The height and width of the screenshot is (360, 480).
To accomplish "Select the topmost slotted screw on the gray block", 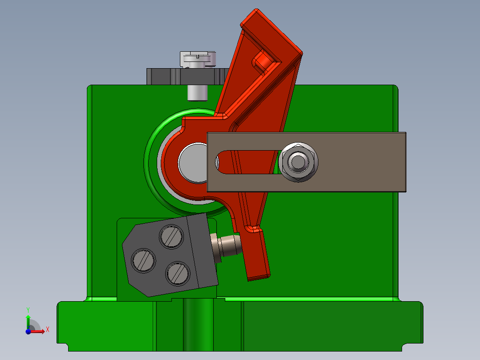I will click(171, 236).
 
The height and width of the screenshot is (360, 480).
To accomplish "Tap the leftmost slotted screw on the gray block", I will click(143, 259).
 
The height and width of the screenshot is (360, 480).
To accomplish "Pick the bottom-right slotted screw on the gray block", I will click(177, 272).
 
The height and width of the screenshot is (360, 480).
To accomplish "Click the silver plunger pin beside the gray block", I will click(228, 249).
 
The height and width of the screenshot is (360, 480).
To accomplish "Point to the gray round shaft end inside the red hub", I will click(192, 162).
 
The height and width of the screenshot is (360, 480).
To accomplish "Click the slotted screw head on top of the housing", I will click(198, 59).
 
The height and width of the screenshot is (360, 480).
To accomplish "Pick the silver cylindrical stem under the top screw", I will click(197, 92).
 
